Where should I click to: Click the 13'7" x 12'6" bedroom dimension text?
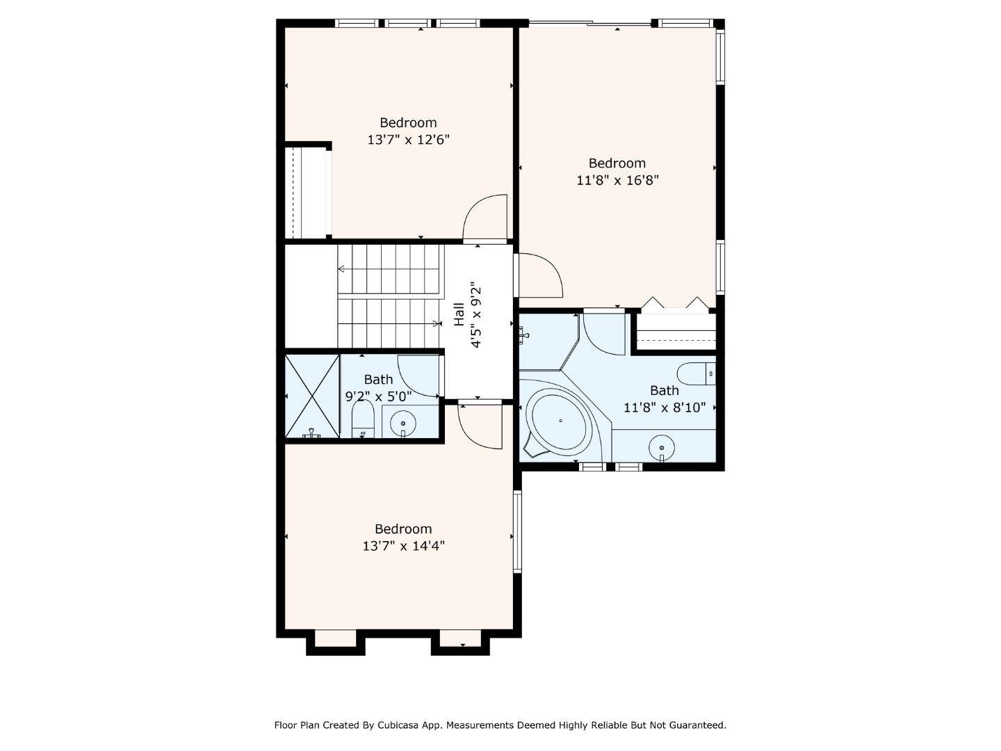[408, 140]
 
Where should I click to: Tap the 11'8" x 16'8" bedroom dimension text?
[617, 180]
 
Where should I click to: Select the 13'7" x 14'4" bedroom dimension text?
[403, 546]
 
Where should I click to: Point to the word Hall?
[459, 314]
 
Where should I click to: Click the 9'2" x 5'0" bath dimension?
[378, 396]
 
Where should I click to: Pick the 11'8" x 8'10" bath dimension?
[664, 407]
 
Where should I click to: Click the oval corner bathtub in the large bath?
[560, 421]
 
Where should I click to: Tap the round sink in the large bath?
[662, 447]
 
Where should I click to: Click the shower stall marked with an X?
[312, 396]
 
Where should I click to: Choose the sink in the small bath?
[402, 423]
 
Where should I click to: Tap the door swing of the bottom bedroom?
[480, 426]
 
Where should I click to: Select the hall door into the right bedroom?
[540, 275]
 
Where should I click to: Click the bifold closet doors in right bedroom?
[675, 303]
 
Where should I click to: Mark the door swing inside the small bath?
[418, 375]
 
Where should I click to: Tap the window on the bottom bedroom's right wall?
[516, 531]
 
